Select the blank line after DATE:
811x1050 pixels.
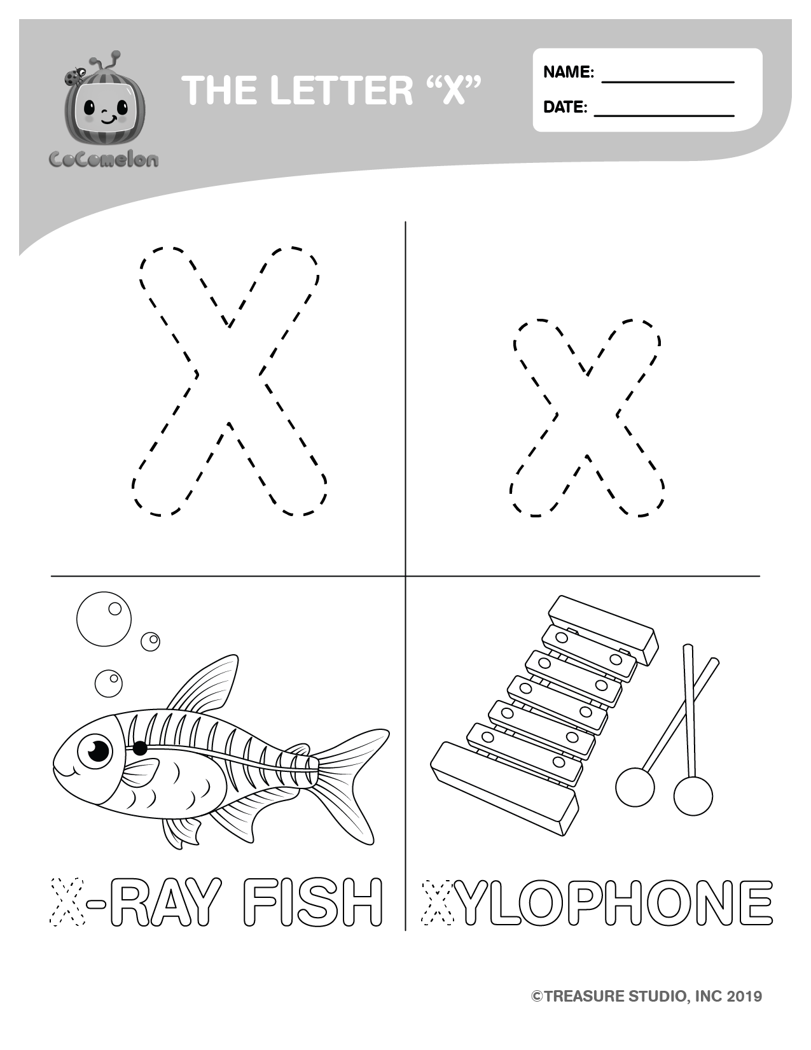[664, 116]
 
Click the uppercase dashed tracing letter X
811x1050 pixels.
[229, 382]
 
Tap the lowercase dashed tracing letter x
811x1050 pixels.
[587, 418]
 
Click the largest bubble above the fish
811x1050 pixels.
[104, 619]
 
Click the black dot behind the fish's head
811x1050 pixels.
[140, 748]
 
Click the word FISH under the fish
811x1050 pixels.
[312, 902]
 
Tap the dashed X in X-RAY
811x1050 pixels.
[68, 902]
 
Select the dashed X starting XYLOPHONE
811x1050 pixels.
[439, 902]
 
